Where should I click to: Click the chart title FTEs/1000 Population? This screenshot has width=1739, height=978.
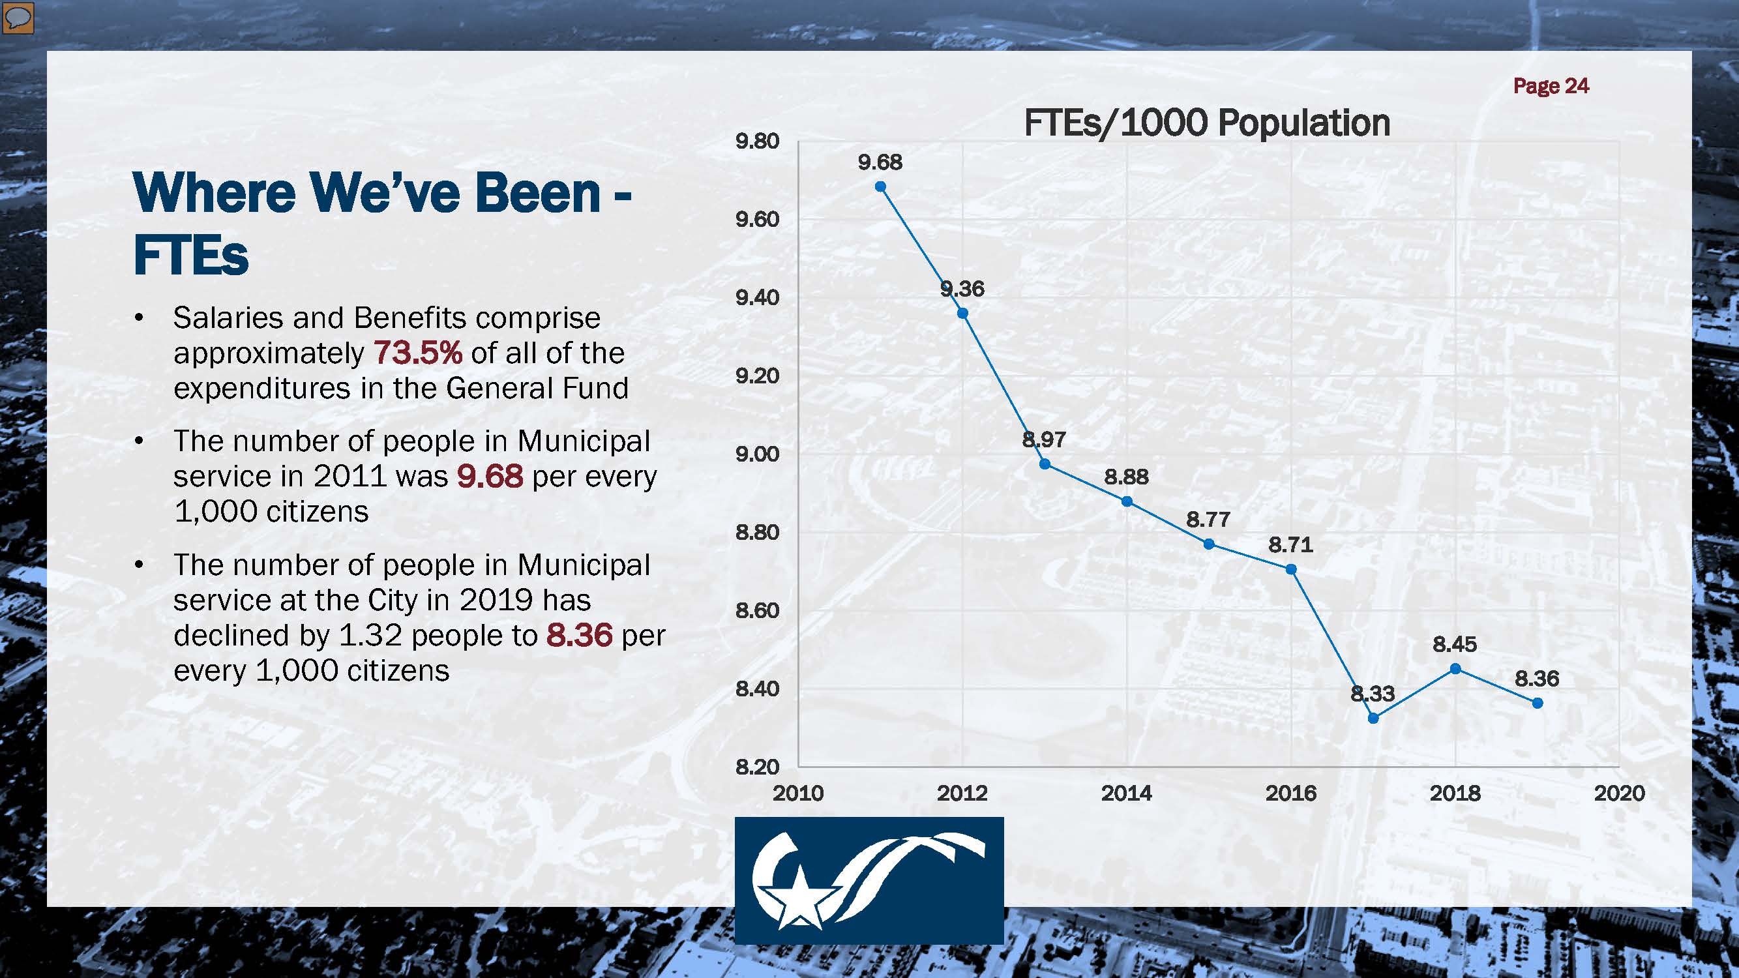1206,123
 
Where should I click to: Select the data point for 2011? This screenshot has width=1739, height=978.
880,187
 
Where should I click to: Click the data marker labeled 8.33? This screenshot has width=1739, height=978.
1373,718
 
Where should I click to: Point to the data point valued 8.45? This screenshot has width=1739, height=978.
1455,669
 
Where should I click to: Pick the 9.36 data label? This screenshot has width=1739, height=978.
962,289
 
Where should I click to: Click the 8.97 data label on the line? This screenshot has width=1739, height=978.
1044,439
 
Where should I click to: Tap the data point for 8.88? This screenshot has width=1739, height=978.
1127,501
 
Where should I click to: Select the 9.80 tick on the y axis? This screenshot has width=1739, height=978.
757,141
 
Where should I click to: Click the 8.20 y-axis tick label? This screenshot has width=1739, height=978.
757,767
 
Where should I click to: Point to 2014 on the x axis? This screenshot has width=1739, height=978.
1126,792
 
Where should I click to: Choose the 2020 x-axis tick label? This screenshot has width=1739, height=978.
1619,792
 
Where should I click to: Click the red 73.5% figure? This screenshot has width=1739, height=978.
418,352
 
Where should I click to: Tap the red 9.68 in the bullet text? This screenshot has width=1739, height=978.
490,476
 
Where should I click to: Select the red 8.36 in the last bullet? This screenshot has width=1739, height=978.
579,635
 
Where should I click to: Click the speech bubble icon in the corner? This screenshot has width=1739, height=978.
18,18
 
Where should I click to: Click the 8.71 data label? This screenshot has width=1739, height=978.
1290,544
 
